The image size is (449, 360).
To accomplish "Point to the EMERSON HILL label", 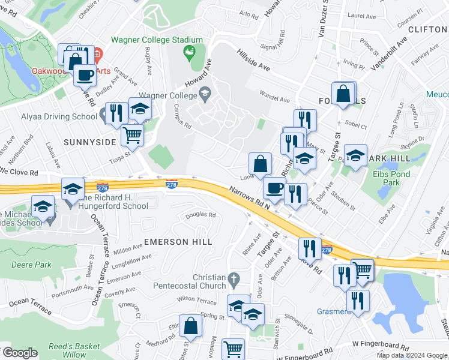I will point(178,241).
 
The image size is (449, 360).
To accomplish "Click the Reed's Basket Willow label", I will point(74,350).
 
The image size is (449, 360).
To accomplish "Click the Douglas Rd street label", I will point(200,214).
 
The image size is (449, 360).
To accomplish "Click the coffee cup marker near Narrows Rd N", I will point(274,187).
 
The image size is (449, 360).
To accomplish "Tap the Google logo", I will point(19,353).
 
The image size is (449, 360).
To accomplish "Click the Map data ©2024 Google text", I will point(412,355).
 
